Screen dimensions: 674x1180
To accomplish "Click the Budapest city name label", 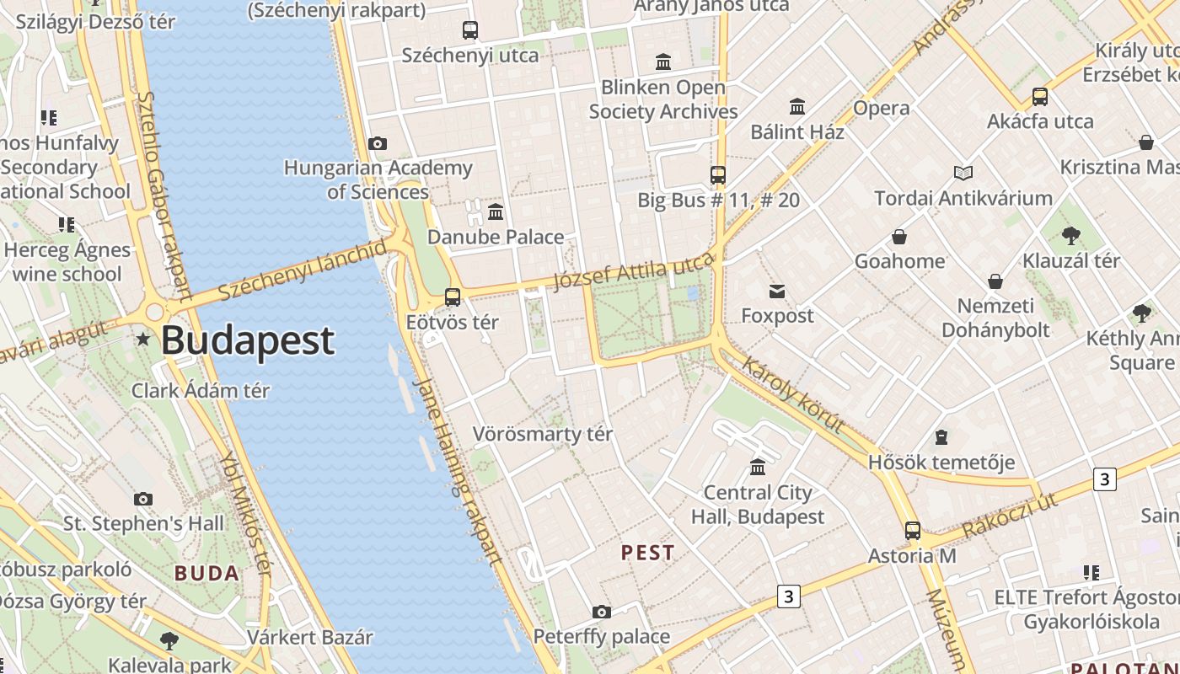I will tap(247, 340).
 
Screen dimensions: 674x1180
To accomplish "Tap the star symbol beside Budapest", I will tap(143, 340).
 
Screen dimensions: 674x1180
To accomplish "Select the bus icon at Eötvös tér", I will tap(453, 297).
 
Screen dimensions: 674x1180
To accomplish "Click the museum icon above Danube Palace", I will tap(496, 211).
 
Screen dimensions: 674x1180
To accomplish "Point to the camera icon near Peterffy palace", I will tap(601, 612).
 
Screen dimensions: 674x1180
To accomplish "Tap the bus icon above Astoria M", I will tap(913, 531).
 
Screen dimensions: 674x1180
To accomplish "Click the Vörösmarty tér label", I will tap(542, 434).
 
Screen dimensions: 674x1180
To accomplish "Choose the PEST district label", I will tap(647, 553).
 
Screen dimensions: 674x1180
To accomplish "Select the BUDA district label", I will tap(206, 574).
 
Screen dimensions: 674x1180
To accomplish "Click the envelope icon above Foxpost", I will tap(777, 292).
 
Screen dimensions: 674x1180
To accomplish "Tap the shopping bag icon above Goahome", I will tap(899, 237).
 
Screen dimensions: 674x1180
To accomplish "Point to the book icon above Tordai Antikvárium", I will tap(963, 173).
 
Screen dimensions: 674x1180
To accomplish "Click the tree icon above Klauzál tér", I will tap(1070, 235).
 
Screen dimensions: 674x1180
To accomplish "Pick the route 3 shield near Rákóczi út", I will tap(1104, 479).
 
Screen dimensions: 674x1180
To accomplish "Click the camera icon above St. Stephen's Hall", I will tap(143, 499).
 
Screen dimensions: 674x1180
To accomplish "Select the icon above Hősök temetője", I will tap(941, 437).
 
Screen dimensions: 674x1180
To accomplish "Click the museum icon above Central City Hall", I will tap(758, 467).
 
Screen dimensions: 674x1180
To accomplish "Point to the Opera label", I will tap(881, 108).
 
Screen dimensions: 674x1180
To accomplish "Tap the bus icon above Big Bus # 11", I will tap(718, 175).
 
